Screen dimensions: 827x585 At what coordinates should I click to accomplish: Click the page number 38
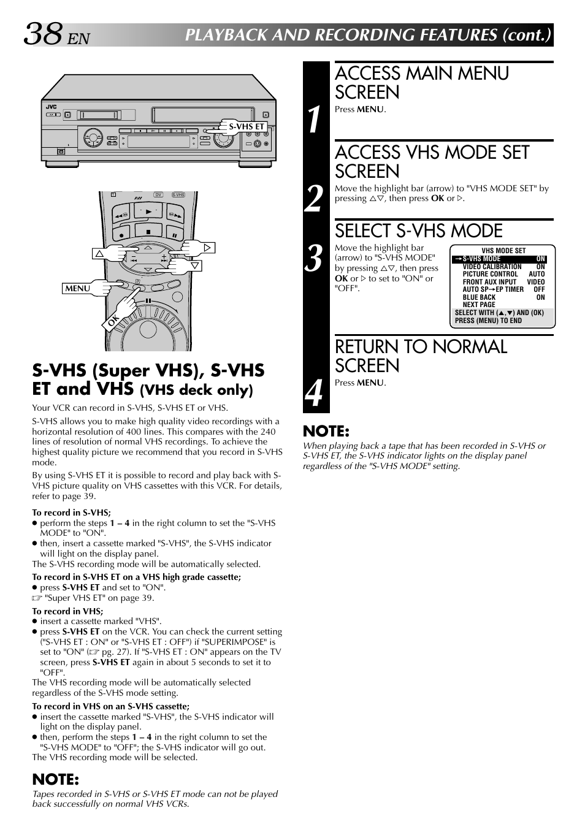click(43, 34)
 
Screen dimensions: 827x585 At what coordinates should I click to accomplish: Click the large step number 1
click(314, 119)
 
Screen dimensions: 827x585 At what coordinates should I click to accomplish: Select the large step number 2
click(314, 199)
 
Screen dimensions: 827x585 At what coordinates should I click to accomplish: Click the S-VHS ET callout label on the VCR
click(247, 127)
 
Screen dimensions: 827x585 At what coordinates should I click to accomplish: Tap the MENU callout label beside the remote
click(78, 288)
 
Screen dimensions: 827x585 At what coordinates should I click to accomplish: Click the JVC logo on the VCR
click(52, 107)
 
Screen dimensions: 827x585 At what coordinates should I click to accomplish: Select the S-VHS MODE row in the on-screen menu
click(499, 259)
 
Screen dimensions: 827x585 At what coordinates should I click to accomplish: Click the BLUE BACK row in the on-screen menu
click(503, 297)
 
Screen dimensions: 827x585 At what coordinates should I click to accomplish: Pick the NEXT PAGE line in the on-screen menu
click(479, 305)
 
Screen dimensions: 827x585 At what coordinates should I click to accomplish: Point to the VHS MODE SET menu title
click(503, 251)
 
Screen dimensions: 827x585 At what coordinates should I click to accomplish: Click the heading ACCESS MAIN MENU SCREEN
click(422, 83)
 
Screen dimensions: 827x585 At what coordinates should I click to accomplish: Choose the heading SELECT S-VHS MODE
click(418, 231)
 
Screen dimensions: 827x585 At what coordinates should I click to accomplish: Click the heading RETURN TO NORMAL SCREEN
click(421, 356)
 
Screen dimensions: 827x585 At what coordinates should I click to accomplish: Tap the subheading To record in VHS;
click(67, 611)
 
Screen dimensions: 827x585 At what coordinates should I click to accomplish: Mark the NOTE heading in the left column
click(56, 779)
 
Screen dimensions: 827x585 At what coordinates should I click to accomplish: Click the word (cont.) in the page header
click(526, 34)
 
